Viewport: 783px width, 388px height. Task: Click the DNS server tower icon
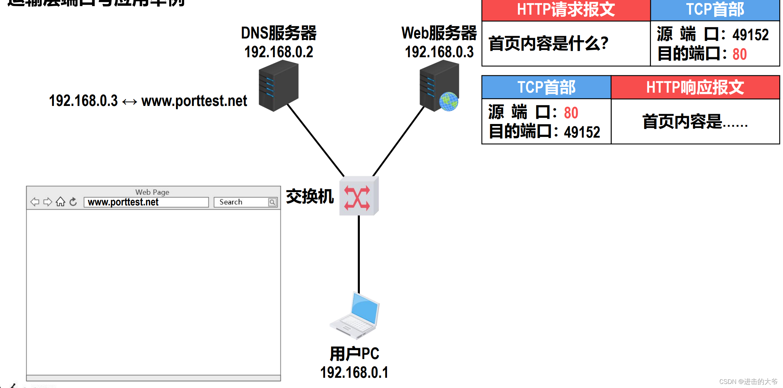tap(278, 86)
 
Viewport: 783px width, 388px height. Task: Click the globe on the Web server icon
tap(449, 102)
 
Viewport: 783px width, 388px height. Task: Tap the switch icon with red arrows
tap(358, 197)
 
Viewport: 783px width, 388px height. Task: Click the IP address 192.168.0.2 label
tap(278, 52)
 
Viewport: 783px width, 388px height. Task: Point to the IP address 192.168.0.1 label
tap(354, 372)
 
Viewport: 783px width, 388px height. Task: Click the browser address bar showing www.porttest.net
tap(146, 202)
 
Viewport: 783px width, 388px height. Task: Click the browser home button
tap(61, 202)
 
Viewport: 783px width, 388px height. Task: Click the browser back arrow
tap(35, 202)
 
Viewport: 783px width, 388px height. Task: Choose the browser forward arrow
tap(48, 202)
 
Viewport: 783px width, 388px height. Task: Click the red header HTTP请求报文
tap(566, 10)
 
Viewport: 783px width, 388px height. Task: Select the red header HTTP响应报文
tap(695, 88)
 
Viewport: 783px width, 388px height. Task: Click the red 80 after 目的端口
tap(739, 54)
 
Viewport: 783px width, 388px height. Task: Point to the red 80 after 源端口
tap(571, 113)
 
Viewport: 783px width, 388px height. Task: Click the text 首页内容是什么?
tap(548, 44)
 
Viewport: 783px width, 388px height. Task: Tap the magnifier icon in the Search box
tap(272, 202)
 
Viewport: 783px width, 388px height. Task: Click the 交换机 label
tap(310, 197)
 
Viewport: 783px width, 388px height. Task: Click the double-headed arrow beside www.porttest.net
tap(129, 102)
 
